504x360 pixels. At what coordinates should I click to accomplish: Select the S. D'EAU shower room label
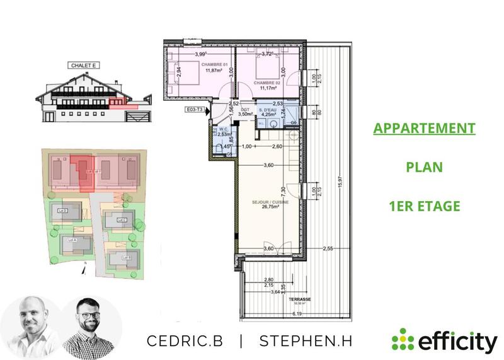(269, 110)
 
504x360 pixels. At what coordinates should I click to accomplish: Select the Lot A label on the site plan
(71, 240)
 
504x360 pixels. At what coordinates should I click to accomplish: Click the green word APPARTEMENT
(423, 128)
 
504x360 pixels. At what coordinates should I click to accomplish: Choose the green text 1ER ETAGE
(423, 206)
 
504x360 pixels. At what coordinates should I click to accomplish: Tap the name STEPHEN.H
(305, 341)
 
